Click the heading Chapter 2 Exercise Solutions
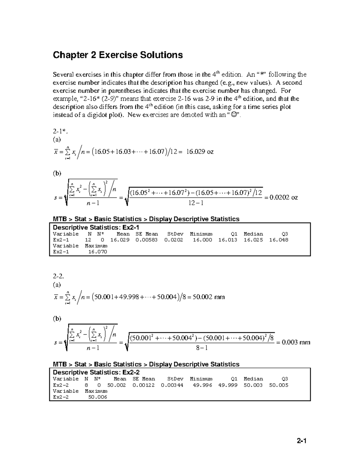[118, 55]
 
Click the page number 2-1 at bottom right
[301, 441]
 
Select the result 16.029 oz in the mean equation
[200, 152]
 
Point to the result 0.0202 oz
[284, 197]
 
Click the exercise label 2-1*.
[59, 131]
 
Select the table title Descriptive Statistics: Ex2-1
[96, 227]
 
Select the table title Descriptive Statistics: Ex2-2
[96, 372]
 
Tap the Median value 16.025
[253, 240]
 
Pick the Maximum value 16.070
[97, 252]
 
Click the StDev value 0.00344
[172, 385]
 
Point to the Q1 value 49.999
[228, 385]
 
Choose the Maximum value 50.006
[97, 397]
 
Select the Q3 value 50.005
[279, 385]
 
